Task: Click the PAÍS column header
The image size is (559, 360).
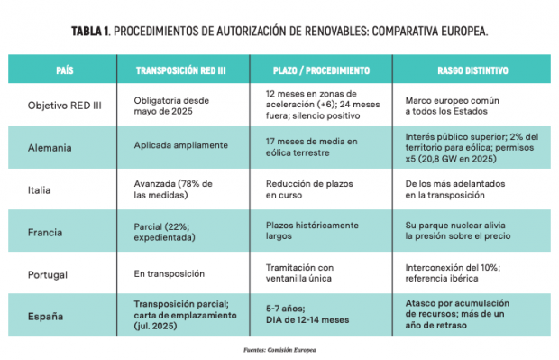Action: click(x=65, y=70)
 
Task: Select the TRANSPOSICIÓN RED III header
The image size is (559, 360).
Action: click(x=180, y=70)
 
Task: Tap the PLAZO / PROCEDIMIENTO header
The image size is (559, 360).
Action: click(x=321, y=70)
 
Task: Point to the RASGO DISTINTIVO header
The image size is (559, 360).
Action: click(x=472, y=70)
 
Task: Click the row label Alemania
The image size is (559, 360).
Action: click(x=50, y=148)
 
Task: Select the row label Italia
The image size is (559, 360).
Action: click(x=39, y=189)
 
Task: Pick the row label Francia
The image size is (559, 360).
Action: click(x=45, y=232)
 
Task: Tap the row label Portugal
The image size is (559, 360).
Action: click(x=48, y=274)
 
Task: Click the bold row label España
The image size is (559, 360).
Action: click(x=46, y=317)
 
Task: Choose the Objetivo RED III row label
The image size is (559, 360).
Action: click(x=65, y=106)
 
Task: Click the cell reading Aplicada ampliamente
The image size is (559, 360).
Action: click(x=180, y=145)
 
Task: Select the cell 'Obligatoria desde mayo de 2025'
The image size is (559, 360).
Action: click(x=171, y=106)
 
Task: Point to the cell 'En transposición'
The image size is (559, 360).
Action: click(x=170, y=273)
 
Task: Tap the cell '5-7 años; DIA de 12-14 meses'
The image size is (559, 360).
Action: click(x=307, y=314)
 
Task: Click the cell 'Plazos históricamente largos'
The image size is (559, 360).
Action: click(x=312, y=230)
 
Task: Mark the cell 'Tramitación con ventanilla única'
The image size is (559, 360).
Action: click(x=299, y=273)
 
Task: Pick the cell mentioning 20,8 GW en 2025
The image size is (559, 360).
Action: click(x=472, y=148)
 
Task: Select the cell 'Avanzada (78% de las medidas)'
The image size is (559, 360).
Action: click(x=173, y=189)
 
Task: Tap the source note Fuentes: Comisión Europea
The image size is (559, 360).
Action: click(x=279, y=350)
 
